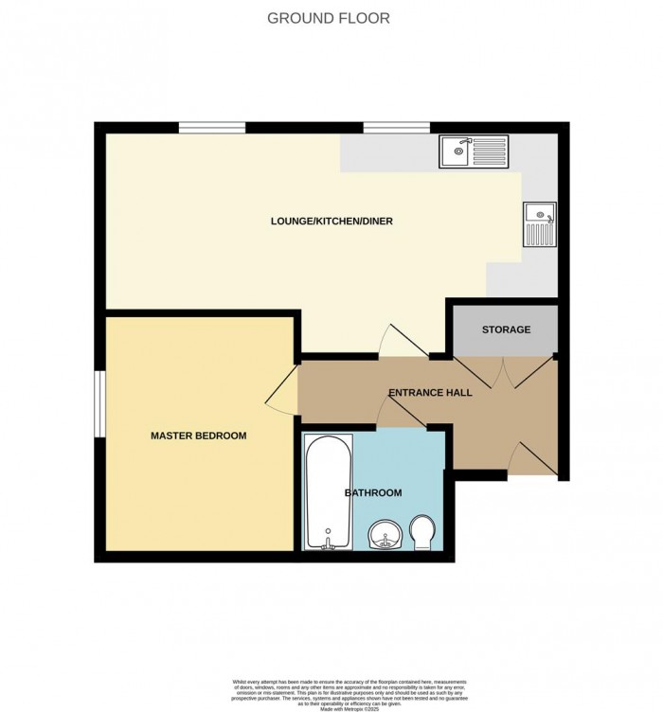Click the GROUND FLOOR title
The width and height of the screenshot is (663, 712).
tap(329, 18)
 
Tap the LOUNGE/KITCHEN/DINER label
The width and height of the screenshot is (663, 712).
tap(331, 222)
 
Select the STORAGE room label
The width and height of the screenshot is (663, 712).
tap(506, 329)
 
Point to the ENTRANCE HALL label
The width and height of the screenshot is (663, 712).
tap(430, 392)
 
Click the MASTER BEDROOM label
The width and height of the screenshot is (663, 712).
tap(199, 436)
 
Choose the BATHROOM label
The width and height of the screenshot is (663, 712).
tap(373, 492)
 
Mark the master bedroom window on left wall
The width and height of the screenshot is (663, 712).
tap(99, 403)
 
